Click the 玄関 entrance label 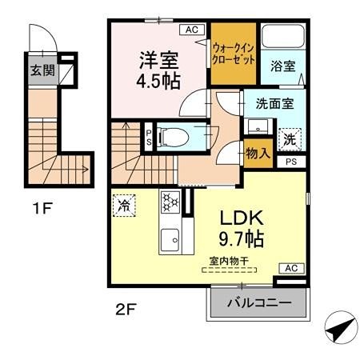[42, 70]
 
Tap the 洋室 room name [159, 60]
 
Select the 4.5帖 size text [159, 81]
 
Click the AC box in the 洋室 [191, 30]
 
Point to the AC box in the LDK [290, 269]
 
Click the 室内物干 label [226, 260]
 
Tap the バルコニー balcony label [258, 303]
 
